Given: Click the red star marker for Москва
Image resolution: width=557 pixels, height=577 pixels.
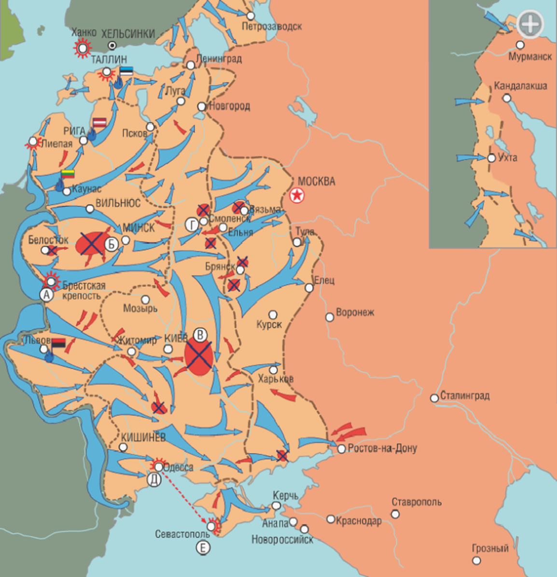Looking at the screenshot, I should (x=297, y=196).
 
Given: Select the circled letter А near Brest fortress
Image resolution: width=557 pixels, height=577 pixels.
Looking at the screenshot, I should (x=46, y=295).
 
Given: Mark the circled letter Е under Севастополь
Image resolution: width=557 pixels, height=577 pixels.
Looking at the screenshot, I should (x=203, y=547).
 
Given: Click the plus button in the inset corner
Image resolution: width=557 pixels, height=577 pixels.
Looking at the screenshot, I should (x=529, y=23).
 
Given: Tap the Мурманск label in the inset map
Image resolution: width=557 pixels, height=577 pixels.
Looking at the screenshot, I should (x=530, y=57).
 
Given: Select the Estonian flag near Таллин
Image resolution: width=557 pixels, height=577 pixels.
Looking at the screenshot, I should (x=126, y=71).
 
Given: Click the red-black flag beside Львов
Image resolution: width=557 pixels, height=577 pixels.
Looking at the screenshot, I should (x=58, y=343).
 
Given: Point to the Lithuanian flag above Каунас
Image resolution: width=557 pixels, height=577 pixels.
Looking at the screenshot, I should (x=68, y=174).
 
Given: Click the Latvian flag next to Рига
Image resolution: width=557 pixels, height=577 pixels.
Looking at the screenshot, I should (x=100, y=123).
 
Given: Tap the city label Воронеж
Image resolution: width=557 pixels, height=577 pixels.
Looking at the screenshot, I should (x=355, y=313).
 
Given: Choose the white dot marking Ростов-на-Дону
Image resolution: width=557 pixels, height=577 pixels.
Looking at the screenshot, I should (x=342, y=449).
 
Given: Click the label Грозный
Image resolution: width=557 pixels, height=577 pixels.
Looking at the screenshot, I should (x=490, y=549).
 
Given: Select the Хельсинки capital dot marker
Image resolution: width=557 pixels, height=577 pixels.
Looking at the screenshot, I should (x=112, y=45).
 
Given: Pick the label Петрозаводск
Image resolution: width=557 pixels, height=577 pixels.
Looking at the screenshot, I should (x=272, y=27).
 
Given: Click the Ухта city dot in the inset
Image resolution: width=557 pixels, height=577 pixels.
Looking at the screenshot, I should (x=491, y=158).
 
